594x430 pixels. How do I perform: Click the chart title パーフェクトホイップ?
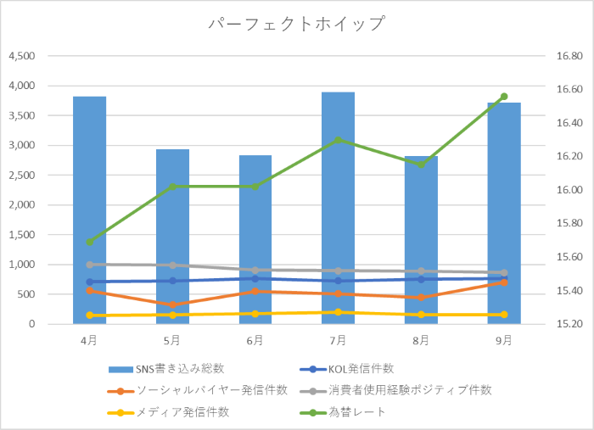[297, 24]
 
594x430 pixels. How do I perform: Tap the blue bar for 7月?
[338, 208]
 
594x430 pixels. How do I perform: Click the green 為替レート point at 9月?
[504, 97]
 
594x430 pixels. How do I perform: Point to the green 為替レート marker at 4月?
[90, 242]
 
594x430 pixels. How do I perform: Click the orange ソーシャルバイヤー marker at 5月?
[172, 304]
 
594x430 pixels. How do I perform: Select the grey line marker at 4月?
[90, 265]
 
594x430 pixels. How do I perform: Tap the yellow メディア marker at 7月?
[338, 312]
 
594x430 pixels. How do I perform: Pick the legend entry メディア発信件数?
[187, 412]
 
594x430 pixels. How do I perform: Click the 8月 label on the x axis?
[421, 340]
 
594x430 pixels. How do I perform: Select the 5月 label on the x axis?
[172, 340]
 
